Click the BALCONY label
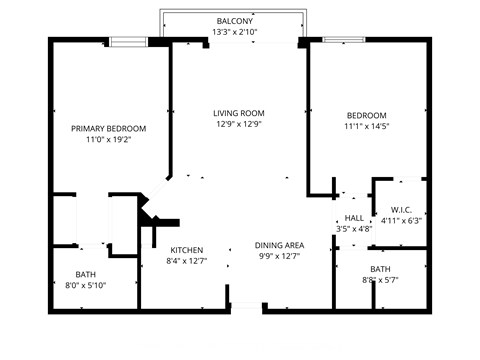click(235, 21)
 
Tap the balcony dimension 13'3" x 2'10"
click(235, 32)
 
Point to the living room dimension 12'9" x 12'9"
click(237, 125)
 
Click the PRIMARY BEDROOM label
click(108, 128)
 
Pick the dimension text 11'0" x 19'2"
click(108, 140)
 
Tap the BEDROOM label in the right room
click(365, 116)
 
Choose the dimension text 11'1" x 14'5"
click(365, 128)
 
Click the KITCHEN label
click(187, 250)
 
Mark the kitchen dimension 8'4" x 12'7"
click(187, 262)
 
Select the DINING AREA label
click(279, 245)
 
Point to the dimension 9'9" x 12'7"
click(279, 257)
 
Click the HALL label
click(354, 218)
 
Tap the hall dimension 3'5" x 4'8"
click(354, 229)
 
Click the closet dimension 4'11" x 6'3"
click(402, 221)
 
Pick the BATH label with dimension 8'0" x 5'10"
click(87, 275)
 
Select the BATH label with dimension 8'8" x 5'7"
click(380, 270)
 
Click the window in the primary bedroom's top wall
click(130, 41)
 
